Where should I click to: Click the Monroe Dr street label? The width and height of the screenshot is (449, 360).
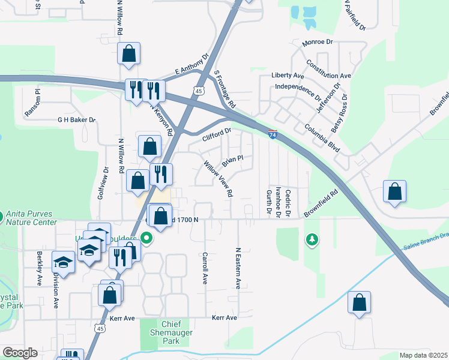point(318,42)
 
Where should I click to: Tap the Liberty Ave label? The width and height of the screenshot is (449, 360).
point(288,76)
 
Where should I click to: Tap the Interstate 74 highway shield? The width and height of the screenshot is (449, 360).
point(273,136)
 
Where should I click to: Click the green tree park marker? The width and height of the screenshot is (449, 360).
point(312,240)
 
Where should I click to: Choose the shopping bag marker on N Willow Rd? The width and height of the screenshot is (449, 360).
point(129,53)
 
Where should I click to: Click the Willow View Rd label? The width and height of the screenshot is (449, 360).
point(218,178)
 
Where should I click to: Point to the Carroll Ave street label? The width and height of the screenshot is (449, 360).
point(205,268)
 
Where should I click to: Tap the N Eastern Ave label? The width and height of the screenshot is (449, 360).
point(238,268)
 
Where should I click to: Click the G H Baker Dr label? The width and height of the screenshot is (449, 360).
point(76,120)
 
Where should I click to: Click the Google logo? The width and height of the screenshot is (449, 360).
point(20,353)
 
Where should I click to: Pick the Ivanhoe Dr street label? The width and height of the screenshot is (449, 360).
point(279,202)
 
